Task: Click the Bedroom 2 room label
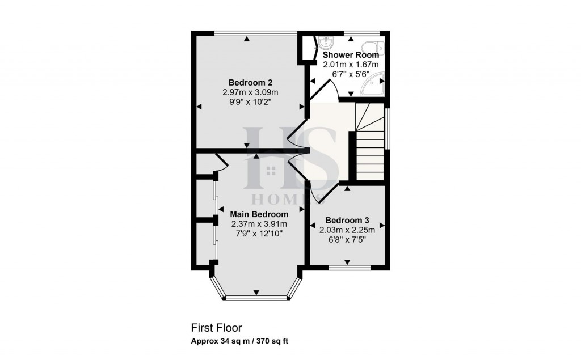[x=247, y=82]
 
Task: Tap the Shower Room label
[x=351, y=55]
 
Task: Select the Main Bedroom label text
[x=259, y=214]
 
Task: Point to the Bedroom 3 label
[x=347, y=220]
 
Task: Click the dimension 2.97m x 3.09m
[x=250, y=92]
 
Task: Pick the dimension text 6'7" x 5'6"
[x=351, y=74]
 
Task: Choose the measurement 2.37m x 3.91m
[x=258, y=224]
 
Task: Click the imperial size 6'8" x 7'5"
[x=347, y=239]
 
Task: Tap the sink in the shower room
[x=326, y=43]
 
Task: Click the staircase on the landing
[x=370, y=142]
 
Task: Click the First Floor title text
[x=216, y=328]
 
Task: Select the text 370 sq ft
[x=276, y=341]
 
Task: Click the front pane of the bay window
[x=256, y=297]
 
